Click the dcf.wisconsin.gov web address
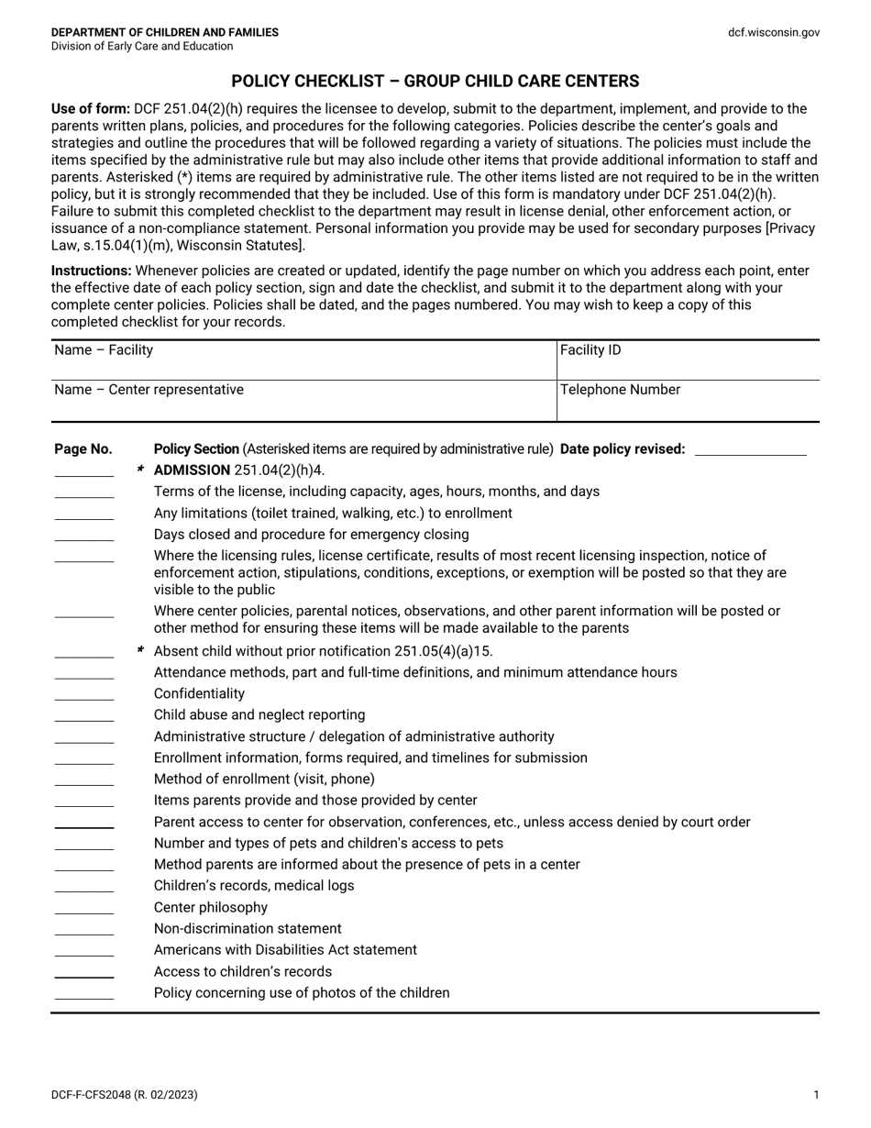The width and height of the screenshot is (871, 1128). pyautogui.click(x=774, y=32)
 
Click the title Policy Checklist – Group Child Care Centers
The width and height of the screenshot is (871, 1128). pyautogui.click(x=435, y=81)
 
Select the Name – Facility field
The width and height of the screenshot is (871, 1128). pyautogui.click(x=303, y=359)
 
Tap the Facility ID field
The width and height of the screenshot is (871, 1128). pyautogui.click(x=688, y=359)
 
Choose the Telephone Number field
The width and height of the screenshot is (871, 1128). pyautogui.click(x=688, y=400)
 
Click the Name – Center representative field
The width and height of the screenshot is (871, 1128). pyautogui.click(x=303, y=400)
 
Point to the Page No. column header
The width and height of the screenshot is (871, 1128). pyautogui.click(x=83, y=449)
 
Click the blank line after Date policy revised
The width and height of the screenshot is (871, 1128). pyautogui.click(x=751, y=450)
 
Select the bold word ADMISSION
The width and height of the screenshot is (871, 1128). pyautogui.click(x=192, y=470)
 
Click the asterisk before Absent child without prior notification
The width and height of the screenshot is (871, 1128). pyautogui.click(x=140, y=650)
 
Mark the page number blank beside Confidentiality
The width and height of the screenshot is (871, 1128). pyautogui.click(x=84, y=698)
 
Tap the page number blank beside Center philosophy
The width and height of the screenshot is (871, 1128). pyautogui.click(x=84, y=912)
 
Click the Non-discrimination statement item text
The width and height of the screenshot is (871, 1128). pyautogui.click(x=248, y=929)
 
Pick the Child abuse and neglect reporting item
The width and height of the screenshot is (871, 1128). pyautogui.click(x=259, y=715)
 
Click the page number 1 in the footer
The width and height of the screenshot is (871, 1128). pyautogui.click(x=816, y=1094)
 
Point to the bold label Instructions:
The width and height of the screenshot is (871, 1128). pyautogui.click(x=91, y=271)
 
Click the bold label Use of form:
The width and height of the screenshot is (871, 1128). pyautogui.click(x=90, y=109)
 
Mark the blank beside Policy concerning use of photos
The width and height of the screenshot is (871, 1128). pyautogui.click(x=84, y=997)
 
